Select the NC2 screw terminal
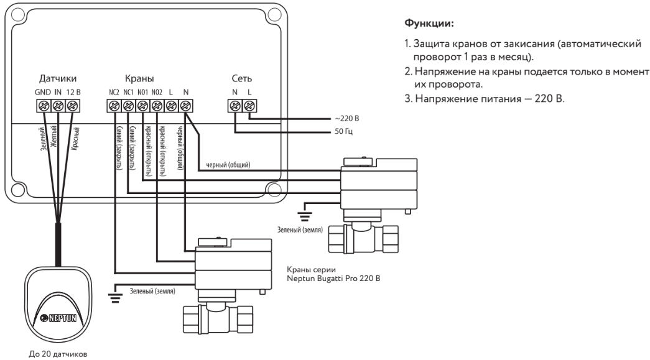[x=113, y=106]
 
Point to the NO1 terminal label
[x=142, y=92]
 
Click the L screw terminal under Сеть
[x=249, y=106]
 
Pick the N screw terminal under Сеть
[x=235, y=106]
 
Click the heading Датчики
[x=58, y=80]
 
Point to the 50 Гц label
[x=338, y=132]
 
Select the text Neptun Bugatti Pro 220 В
[x=333, y=279]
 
